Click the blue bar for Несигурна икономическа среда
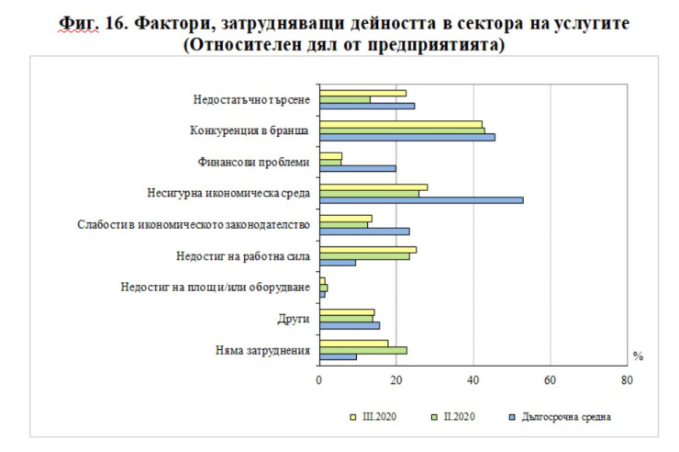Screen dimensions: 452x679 pos(421,199)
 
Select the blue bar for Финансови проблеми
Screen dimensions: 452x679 pos(358,168)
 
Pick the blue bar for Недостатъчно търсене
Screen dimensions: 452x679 pos(367,106)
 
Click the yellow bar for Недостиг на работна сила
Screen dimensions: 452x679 pos(368,250)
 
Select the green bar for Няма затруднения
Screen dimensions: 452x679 pos(363,350)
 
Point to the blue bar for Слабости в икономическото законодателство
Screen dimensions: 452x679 pos(364,231)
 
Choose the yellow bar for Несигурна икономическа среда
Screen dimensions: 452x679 pos(373,187)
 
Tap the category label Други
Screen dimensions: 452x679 pos(294,319)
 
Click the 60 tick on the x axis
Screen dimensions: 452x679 pos(550,379)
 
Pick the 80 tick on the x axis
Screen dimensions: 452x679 pos(627,379)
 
